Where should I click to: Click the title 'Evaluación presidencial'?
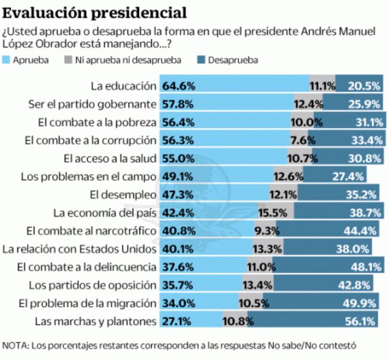tap(96, 12)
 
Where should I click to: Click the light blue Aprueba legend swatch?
tap(7, 60)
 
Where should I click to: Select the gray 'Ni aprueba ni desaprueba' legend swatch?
tap(68, 60)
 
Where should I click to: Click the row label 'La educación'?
tap(124, 86)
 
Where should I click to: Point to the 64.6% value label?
tap(179, 86)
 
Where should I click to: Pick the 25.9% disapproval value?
tap(365, 105)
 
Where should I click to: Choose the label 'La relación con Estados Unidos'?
tap(80, 249)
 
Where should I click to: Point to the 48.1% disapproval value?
tap(365, 267)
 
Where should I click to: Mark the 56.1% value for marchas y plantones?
tap(365, 321)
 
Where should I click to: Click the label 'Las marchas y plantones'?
tap(96, 321)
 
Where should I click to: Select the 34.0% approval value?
tap(179, 303)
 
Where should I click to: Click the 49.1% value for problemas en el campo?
tap(179, 177)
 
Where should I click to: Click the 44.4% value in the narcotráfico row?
tap(365, 231)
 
